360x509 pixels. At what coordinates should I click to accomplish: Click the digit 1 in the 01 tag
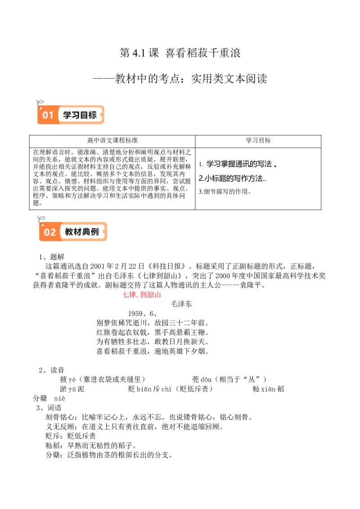(x=50, y=115)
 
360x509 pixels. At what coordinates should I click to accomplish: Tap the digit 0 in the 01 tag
(x=45, y=115)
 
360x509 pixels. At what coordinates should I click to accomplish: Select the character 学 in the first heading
(x=67, y=115)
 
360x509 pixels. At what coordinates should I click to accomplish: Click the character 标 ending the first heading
(x=92, y=115)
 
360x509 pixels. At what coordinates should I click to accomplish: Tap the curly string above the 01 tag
(x=39, y=102)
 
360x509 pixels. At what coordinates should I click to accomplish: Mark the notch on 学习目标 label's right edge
(x=103, y=115)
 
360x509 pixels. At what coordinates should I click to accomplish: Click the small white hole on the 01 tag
(x=40, y=108)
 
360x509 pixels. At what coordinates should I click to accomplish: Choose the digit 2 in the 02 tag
(x=53, y=232)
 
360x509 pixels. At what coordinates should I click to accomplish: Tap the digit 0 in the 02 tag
(x=46, y=232)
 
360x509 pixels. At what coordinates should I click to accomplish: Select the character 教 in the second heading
(x=69, y=232)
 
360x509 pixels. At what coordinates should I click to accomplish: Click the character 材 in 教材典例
(x=78, y=232)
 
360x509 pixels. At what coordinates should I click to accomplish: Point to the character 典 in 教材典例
(x=86, y=232)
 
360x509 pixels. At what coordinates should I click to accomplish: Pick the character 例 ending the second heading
(x=95, y=232)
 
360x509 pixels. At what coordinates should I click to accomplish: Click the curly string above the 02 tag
(x=41, y=219)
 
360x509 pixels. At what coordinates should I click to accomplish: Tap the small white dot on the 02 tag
(x=42, y=225)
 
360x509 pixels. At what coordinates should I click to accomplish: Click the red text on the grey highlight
(x=140, y=295)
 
